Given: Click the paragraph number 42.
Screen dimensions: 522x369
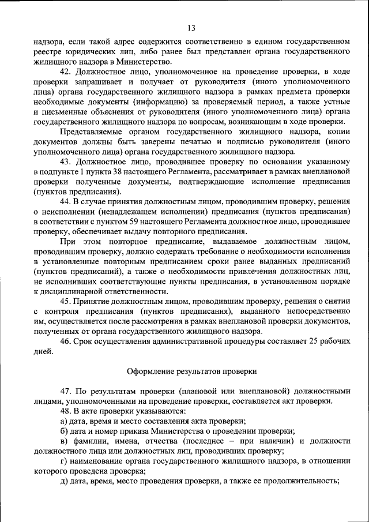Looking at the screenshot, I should (x=66, y=72).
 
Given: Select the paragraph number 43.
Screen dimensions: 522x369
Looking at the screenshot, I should (x=66, y=162).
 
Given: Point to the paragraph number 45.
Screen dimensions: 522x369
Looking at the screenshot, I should (x=66, y=301).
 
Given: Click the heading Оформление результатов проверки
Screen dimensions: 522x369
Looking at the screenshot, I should (x=191, y=370).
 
